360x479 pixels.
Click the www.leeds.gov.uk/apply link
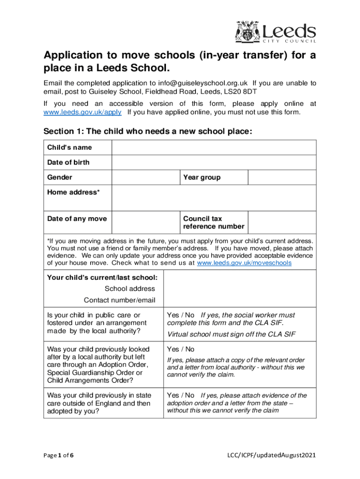pyautogui.click(x=83, y=112)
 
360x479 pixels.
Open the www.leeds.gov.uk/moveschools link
pyautogui.click(x=244, y=263)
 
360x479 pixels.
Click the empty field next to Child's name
pyautogui.click(x=214, y=147)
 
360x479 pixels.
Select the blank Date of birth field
pyautogui.click(x=214, y=162)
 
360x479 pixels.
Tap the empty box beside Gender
pyautogui.click(x=145, y=177)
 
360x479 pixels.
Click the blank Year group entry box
pyautogui.click(x=281, y=177)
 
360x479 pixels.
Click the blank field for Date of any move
pyautogui.click(x=145, y=222)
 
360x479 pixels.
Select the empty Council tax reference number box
pyautogui.click(x=281, y=222)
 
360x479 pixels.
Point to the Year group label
pyautogui.click(x=202, y=177)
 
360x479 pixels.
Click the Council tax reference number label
pyautogui.click(x=213, y=223)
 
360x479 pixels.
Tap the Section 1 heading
pyautogui.click(x=148, y=131)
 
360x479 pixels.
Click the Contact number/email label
pyautogui.click(x=119, y=300)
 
